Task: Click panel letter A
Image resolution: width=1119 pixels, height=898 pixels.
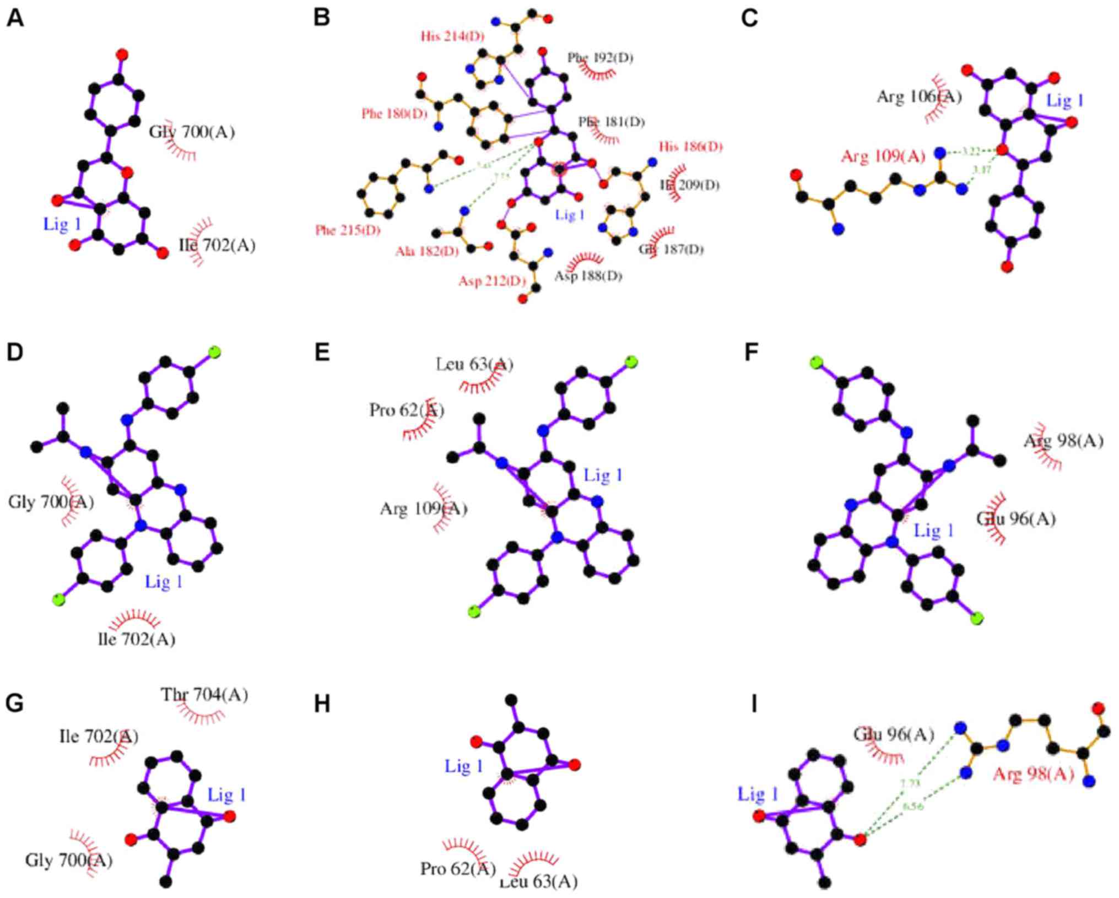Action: click(15, 18)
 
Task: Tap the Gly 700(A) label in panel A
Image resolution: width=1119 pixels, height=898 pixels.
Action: click(192, 132)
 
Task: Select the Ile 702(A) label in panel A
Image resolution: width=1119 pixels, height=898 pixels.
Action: click(218, 245)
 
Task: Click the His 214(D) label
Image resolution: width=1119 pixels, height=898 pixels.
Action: click(452, 37)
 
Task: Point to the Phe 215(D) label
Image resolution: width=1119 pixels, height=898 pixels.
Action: click(348, 230)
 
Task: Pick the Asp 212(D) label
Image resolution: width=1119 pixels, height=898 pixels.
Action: click(492, 282)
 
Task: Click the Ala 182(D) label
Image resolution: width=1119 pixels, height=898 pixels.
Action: click(426, 252)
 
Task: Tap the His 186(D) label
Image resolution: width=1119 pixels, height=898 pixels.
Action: click(690, 147)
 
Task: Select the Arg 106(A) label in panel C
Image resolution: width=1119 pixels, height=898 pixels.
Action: click(919, 98)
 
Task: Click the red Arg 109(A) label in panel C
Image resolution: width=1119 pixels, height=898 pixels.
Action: click(883, 157)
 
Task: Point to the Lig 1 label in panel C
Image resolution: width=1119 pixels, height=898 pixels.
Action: click(1064, 101)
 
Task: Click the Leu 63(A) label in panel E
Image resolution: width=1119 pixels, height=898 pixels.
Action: click(474, 364)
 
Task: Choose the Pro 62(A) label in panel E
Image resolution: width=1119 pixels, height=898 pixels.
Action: click(407, 410)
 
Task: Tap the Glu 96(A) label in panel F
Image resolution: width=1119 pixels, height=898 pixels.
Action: click(1016, 519)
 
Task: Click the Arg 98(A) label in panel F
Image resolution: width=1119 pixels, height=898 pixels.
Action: click(1063, 441)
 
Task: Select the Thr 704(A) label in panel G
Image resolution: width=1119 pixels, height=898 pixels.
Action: click(204, 695)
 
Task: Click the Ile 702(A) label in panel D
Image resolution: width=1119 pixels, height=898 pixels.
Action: click(137, 639)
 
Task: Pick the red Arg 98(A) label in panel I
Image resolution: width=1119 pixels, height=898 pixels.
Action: click(1033, 775)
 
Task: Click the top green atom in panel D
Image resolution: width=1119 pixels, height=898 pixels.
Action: click(214, 352)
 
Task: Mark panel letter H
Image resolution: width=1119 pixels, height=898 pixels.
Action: click(322, 704)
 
